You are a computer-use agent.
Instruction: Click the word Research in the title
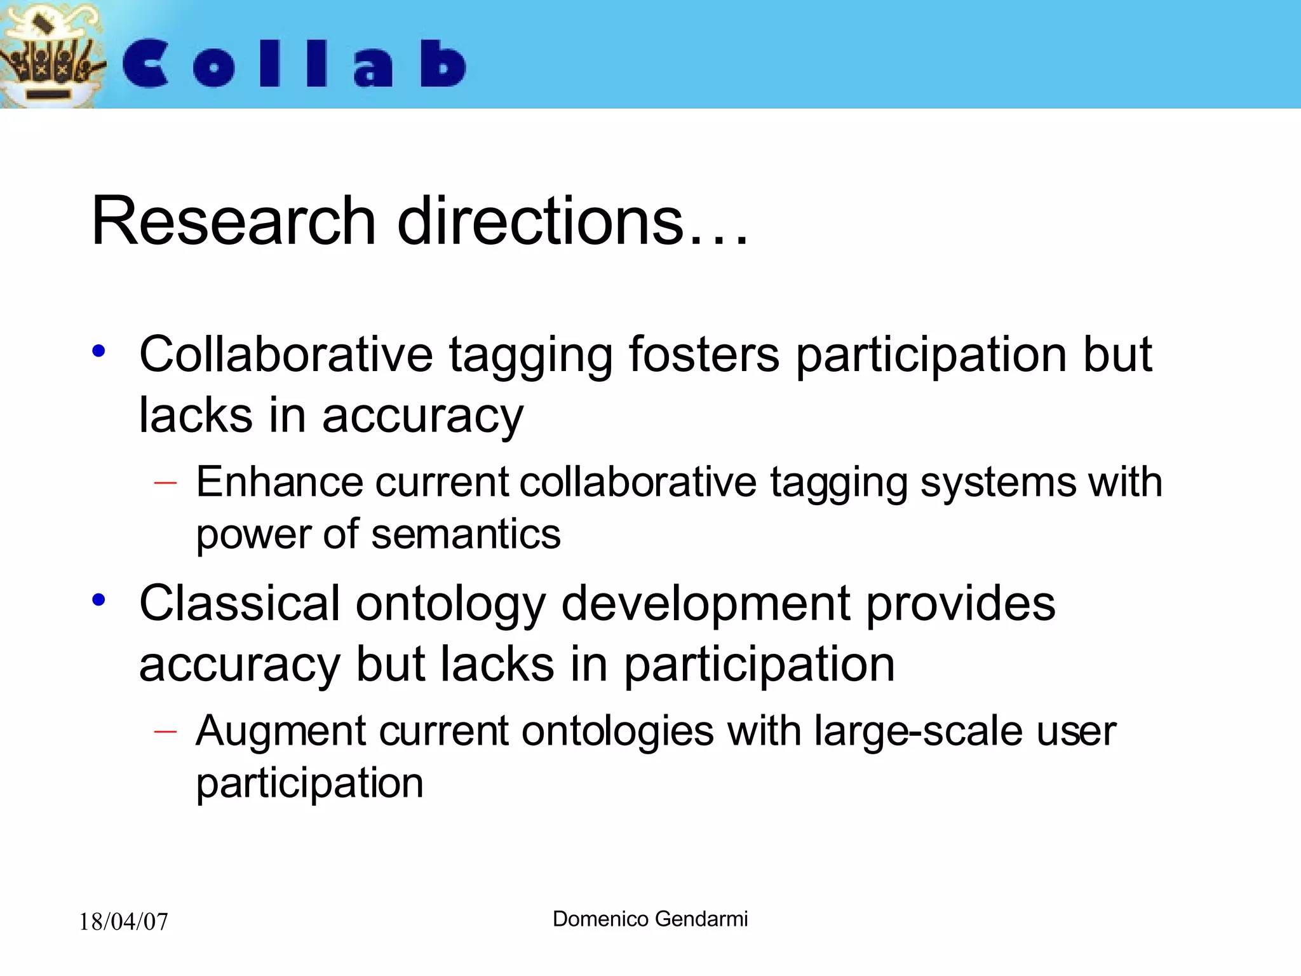tap(234, 221)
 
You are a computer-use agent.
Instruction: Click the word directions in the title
tap(540, 221)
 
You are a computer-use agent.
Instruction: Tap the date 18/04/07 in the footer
tap(123, 921)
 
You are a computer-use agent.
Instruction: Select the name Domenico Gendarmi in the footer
tap(650, 919)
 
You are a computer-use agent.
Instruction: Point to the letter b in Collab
tap(443, 64)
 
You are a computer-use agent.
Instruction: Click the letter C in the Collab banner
tap(145, 64)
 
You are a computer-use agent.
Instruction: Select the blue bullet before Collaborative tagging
tap(98, 351)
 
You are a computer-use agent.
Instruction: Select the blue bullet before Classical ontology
tap(98, 599)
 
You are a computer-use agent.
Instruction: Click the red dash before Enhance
tap(165, 484)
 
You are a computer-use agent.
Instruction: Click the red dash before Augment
tap(165, 732)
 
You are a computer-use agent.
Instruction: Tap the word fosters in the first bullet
tap(704, 355)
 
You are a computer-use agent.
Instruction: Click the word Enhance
tap(280, 482)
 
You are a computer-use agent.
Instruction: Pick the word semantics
tap(466, 534)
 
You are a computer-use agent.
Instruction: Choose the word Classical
tap(239, 603)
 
